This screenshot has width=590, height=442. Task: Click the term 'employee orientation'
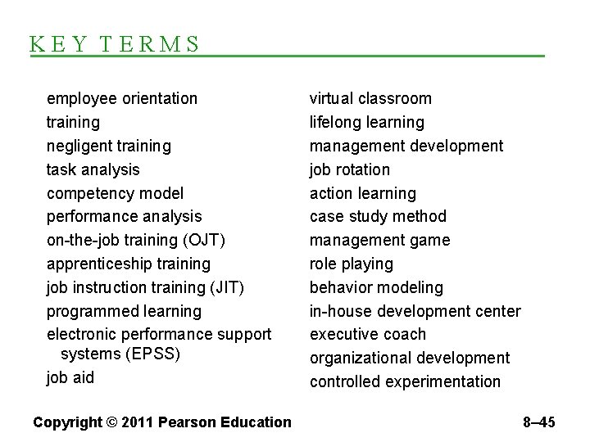(x=122, y=99)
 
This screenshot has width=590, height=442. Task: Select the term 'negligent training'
(x=109, y=147)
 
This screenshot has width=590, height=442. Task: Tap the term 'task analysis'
(x=93, y=170)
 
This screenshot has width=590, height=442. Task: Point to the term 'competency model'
(x=115, y=194)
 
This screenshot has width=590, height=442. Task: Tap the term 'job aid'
(x=70, y=377)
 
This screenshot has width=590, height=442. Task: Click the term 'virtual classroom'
(x=370, y=99)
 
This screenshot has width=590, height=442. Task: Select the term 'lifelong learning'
(x=366, y=123)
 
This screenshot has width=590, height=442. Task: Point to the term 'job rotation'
(x=349, y=170)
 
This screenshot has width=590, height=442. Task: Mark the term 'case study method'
(x=378, y=217)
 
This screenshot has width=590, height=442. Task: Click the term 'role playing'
(x=351, y=264)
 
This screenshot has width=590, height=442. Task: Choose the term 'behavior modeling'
(x=376, y=288)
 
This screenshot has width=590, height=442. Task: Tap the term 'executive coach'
(x=368, y=335)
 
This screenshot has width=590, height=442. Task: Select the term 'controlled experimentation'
(x=405, y=381)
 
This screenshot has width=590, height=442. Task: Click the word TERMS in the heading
(x=152, y=44)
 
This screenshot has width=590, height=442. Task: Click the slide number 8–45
(x=538, y=422)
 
